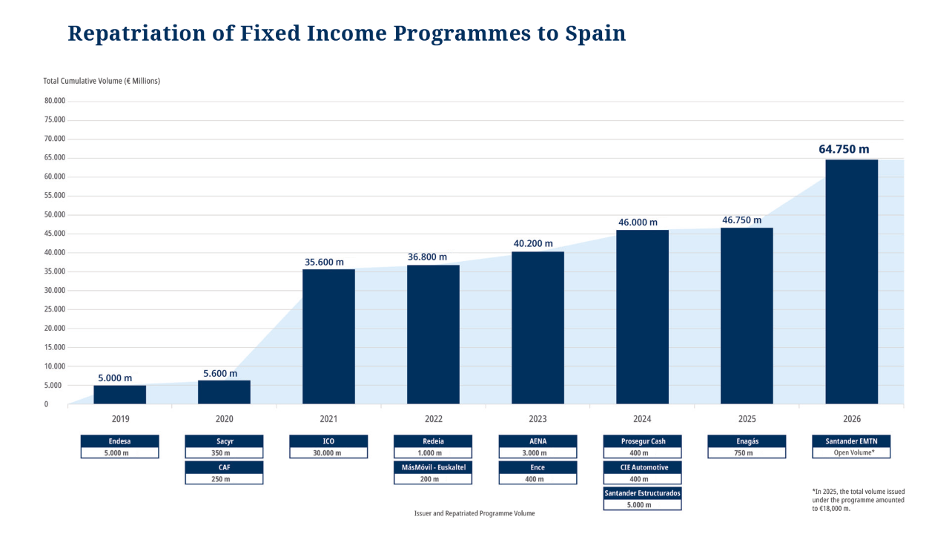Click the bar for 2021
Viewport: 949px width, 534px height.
point(328,336)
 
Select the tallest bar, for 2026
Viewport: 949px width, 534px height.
point(851,282)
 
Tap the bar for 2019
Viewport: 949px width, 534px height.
point(119,395)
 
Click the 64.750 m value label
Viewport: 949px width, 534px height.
point(844,149)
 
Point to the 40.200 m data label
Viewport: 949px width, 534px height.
point(533,243)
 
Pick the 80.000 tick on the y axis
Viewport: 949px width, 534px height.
point(55,101)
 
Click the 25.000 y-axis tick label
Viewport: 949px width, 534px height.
point(55,310)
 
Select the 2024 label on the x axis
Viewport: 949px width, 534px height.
point(642,419)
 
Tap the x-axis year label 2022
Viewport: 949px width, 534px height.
point(433,419)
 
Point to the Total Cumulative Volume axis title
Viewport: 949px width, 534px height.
point(102,81)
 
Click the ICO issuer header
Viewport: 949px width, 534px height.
point(328,441)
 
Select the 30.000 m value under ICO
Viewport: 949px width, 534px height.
point(328,452)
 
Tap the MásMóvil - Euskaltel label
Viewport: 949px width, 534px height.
point(433,467)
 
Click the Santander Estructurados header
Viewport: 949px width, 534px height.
point(642,493)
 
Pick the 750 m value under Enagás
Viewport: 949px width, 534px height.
point(747,452)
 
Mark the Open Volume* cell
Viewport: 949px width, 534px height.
point(851,452)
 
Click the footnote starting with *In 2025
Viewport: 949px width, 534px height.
point(858,500)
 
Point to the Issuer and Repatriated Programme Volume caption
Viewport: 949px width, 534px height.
point(474,513)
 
